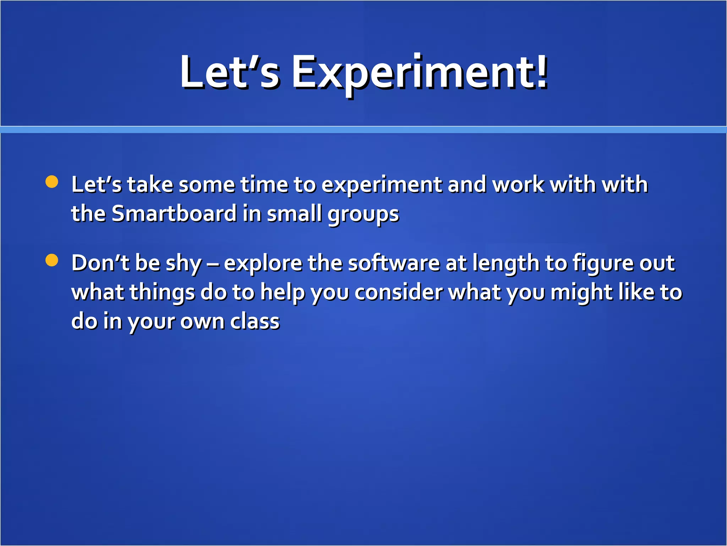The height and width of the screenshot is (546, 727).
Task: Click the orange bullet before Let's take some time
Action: click(x=52, y=182)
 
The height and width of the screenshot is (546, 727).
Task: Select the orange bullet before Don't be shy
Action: click(x=52, y=260)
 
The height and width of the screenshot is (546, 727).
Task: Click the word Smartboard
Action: click(x=174, y=214)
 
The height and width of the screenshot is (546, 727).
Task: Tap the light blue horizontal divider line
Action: click(x=363, y=130)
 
